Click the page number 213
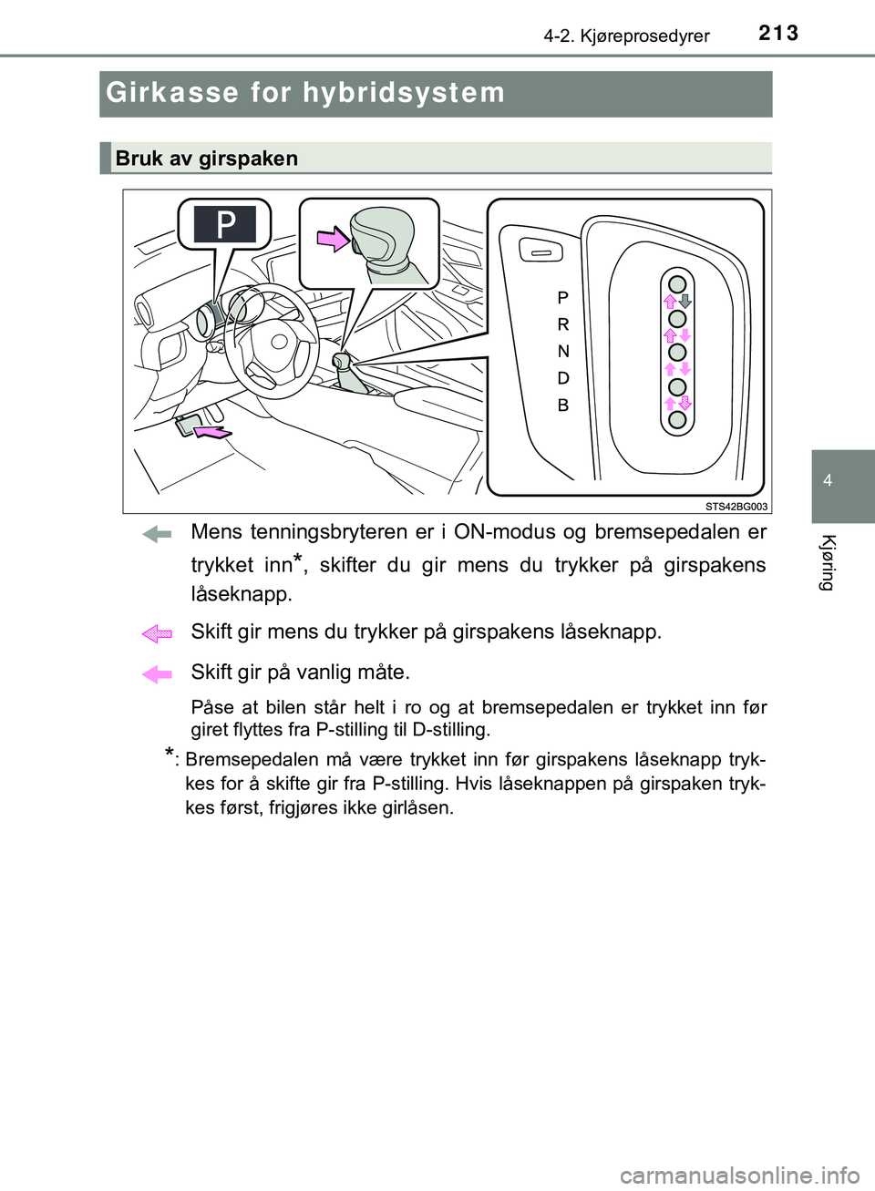(x=778, y=33)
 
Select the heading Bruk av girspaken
(x=207, y=159)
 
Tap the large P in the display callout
(x=225, y=223)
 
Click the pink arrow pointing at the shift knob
(x=333, y=239)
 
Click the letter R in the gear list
(x=563, y=324)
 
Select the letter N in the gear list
(x=563, y=351)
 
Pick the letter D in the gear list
(x=563, y=378)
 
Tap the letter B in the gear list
(x=563, y=406)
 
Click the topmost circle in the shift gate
(x=677, y=282)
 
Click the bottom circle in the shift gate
(x=677, y=419)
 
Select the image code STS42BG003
(x=736, y=507)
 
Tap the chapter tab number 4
(x=828, y=480)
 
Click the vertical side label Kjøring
(x=828, y=562)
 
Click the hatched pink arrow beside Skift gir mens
(x=157, y=633)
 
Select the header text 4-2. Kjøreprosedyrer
(x=626, y=36)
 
